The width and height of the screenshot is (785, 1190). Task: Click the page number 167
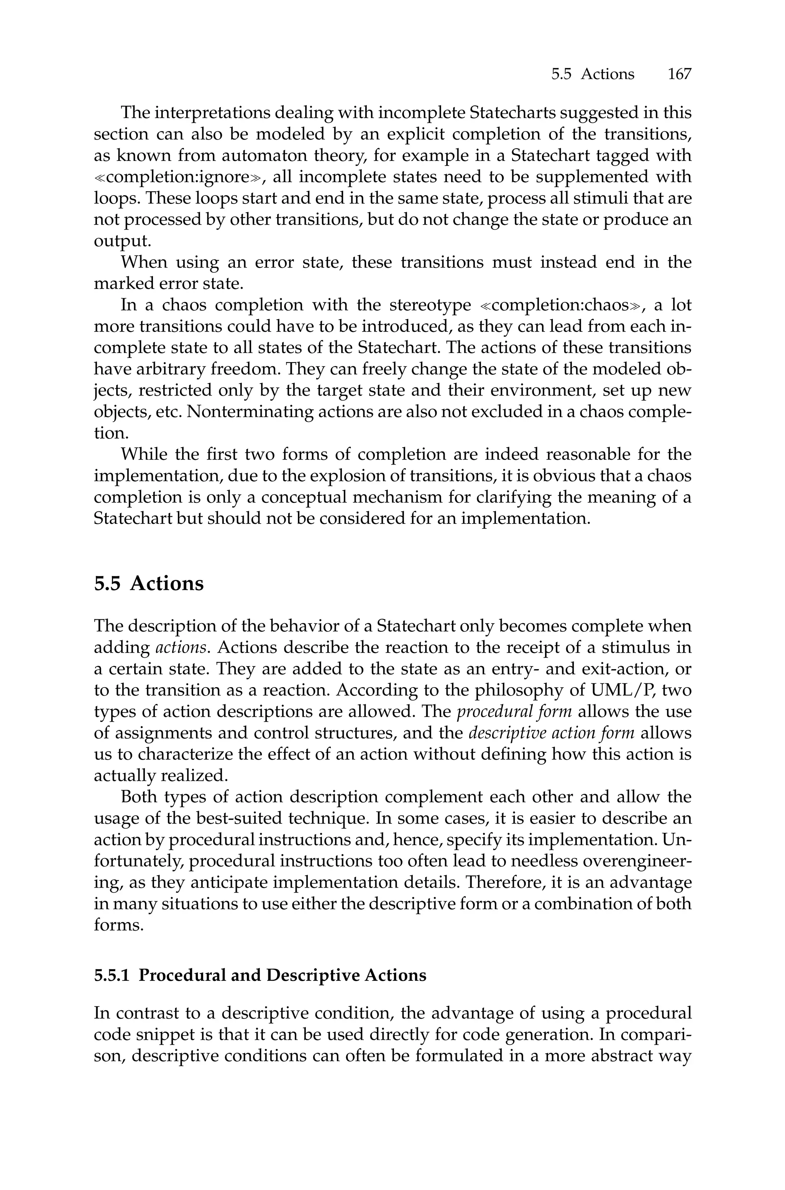(679, 75)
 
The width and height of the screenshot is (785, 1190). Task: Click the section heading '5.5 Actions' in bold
(149, 583)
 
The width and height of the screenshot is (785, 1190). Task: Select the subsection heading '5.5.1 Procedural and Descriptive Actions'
(260, 975)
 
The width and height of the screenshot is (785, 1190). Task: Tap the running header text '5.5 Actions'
(592, 75)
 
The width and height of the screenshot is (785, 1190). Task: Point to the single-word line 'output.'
(122, 241)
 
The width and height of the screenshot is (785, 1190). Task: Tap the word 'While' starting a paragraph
(144, 455)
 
